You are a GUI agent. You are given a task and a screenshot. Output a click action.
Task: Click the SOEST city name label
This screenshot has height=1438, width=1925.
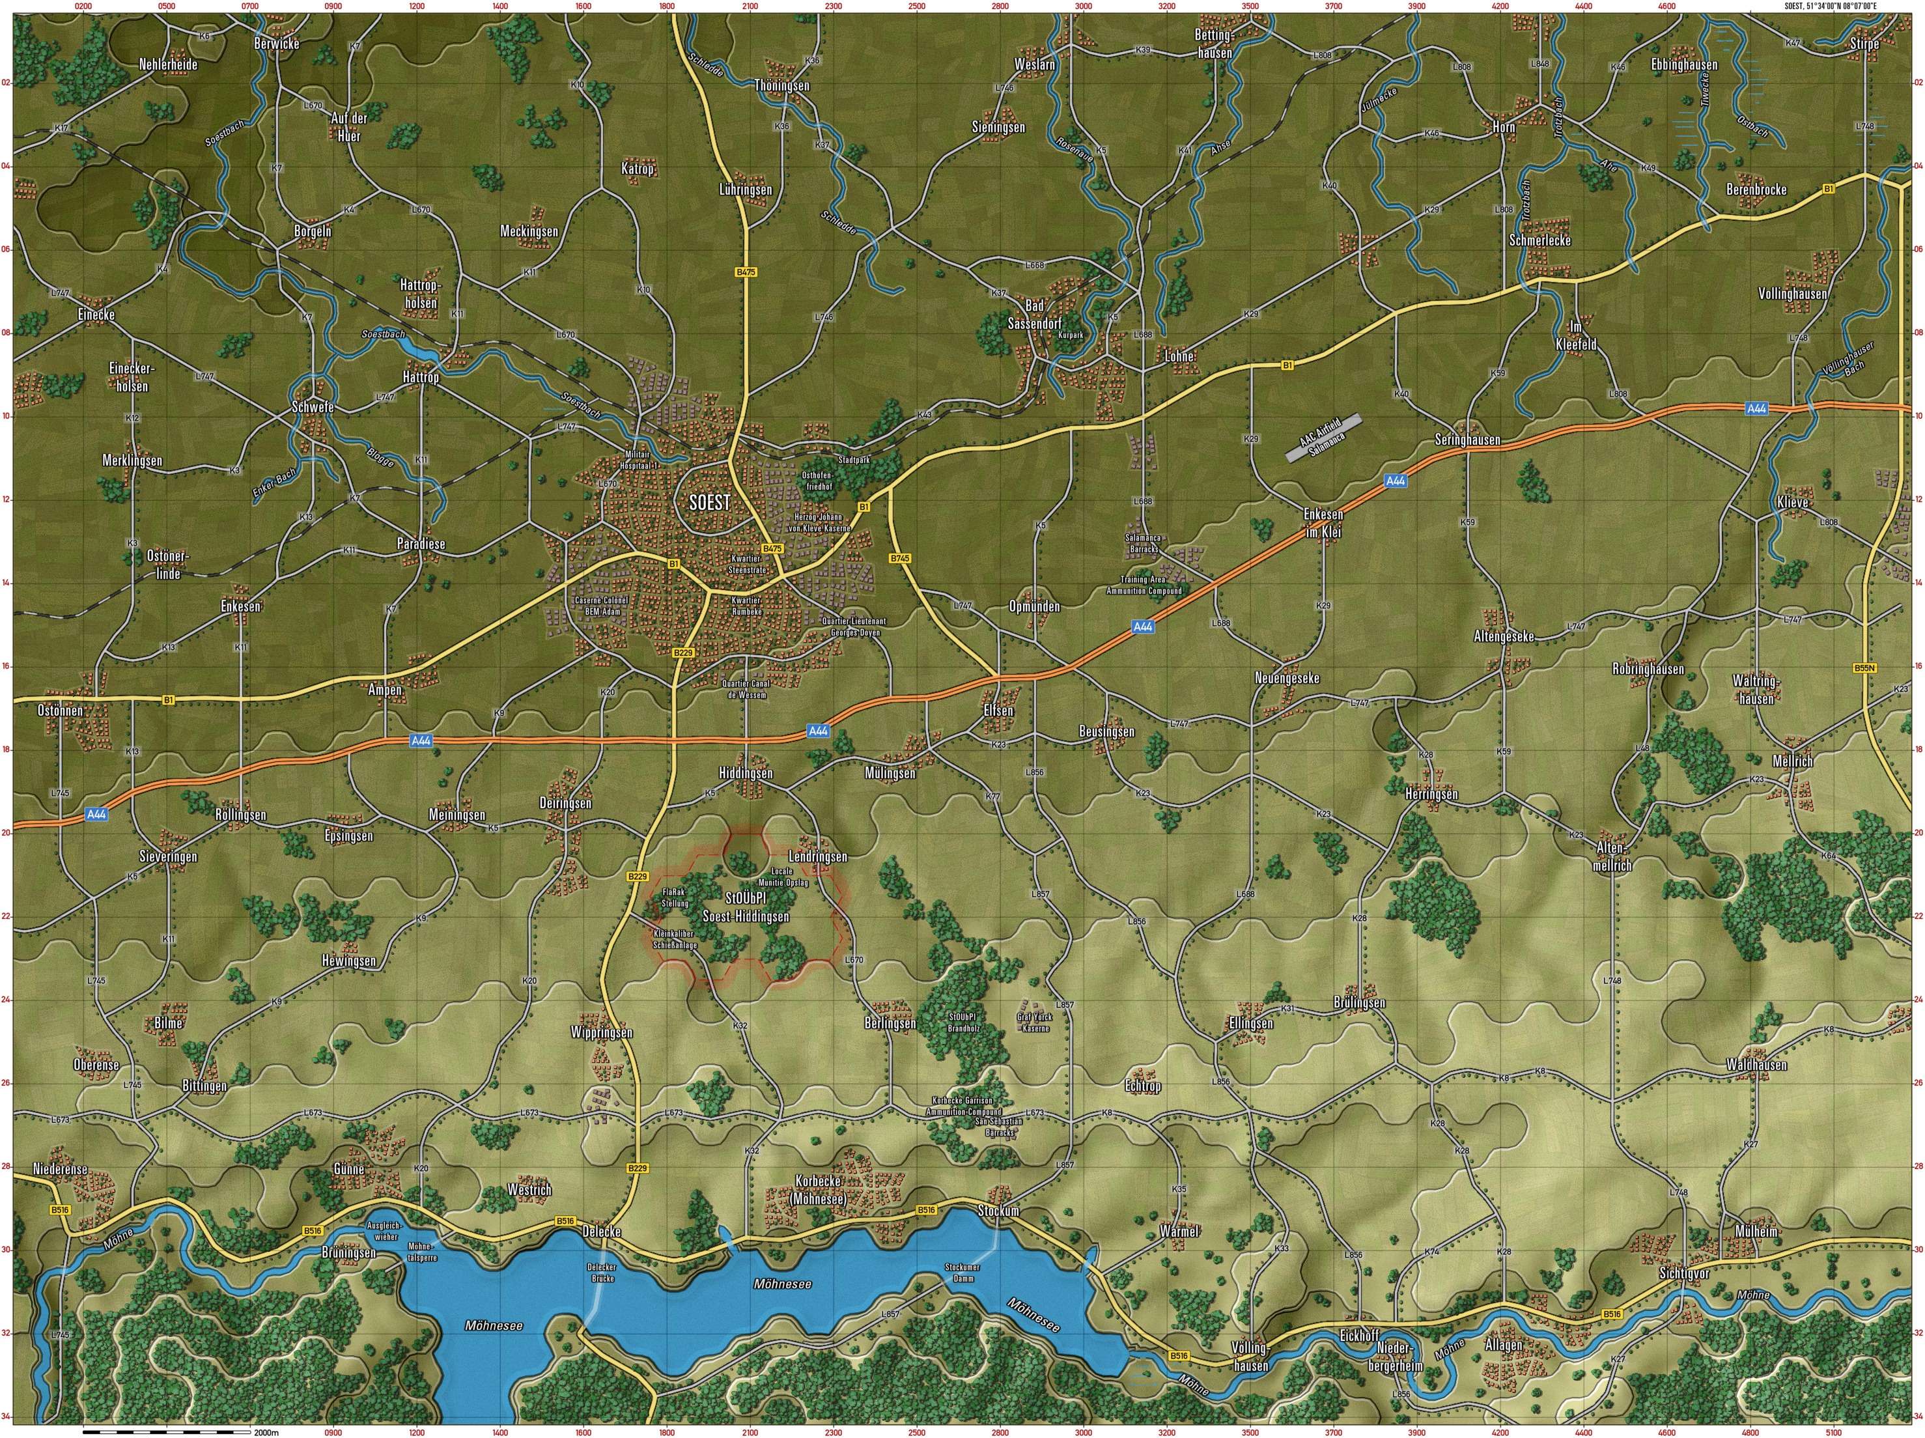coord(709,502)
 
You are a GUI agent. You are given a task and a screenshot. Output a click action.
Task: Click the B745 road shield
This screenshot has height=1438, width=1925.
coord(900,557)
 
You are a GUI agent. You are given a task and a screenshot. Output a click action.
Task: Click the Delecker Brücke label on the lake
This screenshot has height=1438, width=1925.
coord(601,1273)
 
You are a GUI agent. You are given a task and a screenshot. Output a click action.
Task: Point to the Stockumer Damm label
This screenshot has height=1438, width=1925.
coord(962,1273)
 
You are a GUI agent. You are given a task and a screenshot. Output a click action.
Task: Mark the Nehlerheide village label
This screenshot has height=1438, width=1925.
coord(169,64)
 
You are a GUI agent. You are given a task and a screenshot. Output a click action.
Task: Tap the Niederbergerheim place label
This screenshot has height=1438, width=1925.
coord(1400,1358)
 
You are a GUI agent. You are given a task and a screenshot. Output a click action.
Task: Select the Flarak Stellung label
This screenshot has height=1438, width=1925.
coord(675,898)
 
